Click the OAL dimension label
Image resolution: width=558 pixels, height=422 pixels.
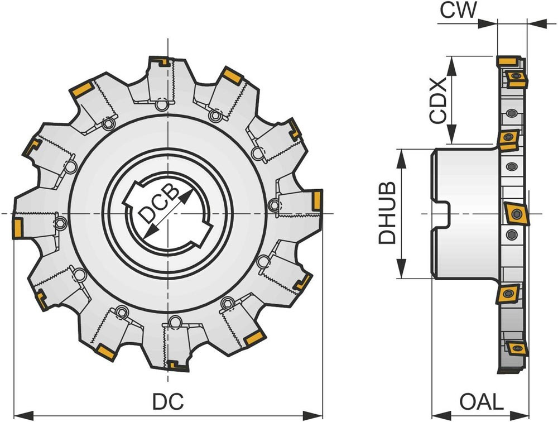tap(481, 401)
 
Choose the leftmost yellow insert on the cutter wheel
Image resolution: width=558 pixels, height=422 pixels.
tap(17, 228)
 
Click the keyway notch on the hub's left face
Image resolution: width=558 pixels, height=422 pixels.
tap(442, 214)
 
